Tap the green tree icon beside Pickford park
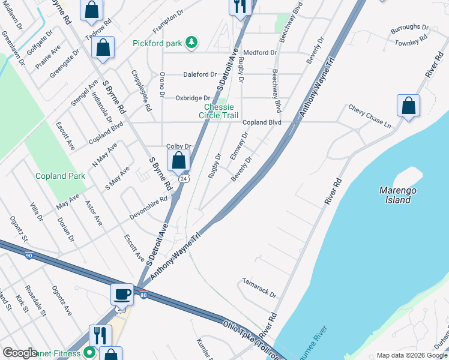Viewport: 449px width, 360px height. click(x=191, y=42)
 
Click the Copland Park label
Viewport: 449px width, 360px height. click(x=60, y=176)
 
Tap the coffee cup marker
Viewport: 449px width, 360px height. click(x=122, y=294)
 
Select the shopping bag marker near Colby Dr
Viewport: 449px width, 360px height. click(x=178, y=160)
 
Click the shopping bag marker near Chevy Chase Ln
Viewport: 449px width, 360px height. click(x=408, y=106)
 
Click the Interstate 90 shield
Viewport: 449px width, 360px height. click(x=29, y=255)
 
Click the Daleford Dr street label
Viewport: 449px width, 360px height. click(x=200, y=75)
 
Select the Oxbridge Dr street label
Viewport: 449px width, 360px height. click(x=193, y=98)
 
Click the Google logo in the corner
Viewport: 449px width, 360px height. click(x=20, y=353)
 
